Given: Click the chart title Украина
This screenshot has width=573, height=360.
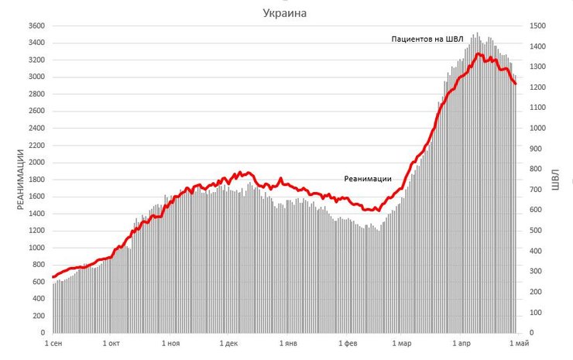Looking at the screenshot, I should (x=284, y=13).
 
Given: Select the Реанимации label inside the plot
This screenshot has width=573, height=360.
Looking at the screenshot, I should (x=373, y=179).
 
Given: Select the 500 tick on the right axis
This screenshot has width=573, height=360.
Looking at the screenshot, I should (x=534, y=231).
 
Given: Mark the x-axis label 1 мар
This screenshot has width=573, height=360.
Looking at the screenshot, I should (x=403, y=342).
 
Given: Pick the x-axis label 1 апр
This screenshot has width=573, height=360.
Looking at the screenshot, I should (x=462, y=342).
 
